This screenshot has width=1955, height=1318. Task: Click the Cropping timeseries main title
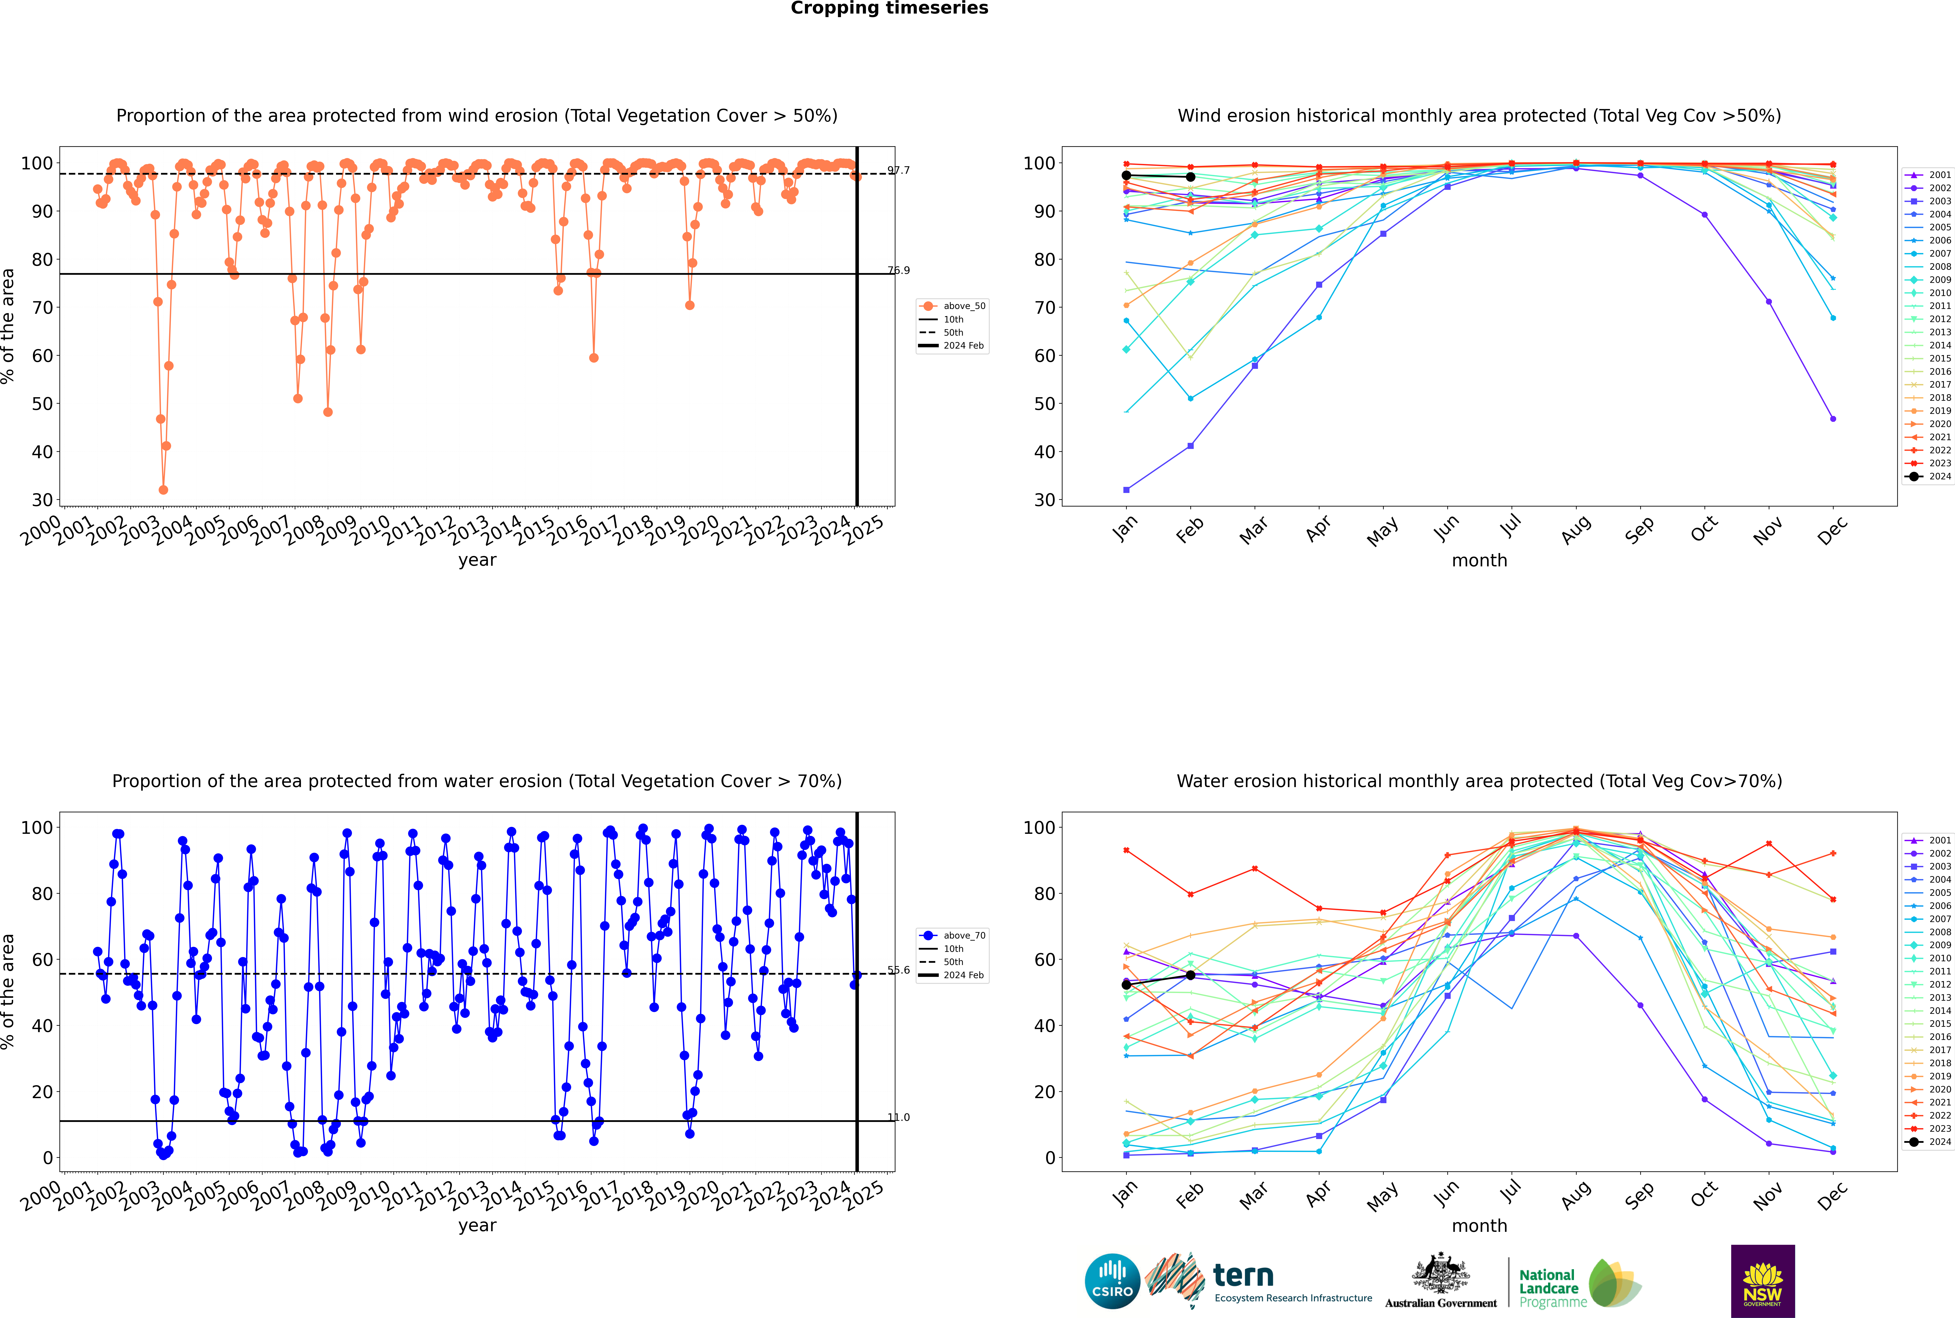point(889,8)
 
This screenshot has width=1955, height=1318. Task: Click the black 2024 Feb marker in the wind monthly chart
point(1190,177)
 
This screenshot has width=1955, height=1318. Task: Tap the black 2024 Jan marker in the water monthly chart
point(1126,984)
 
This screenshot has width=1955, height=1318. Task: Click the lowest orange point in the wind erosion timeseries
point(163,490)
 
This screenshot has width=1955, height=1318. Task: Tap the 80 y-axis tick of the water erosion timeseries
point(42,893)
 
